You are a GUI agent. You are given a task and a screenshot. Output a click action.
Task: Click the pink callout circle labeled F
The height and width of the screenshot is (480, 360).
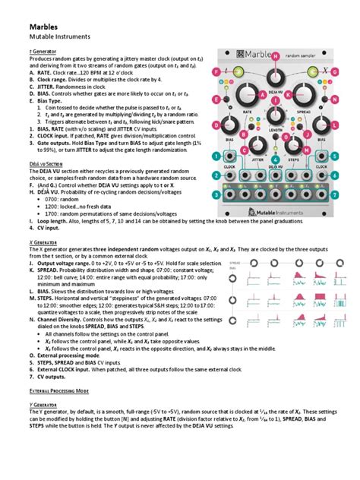click(x=216, y=72)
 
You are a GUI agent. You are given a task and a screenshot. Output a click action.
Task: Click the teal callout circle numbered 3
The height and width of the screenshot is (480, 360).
click(x=216, y=194)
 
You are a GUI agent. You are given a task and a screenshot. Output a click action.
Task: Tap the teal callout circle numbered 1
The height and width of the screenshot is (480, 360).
click(x=216, y=156)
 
